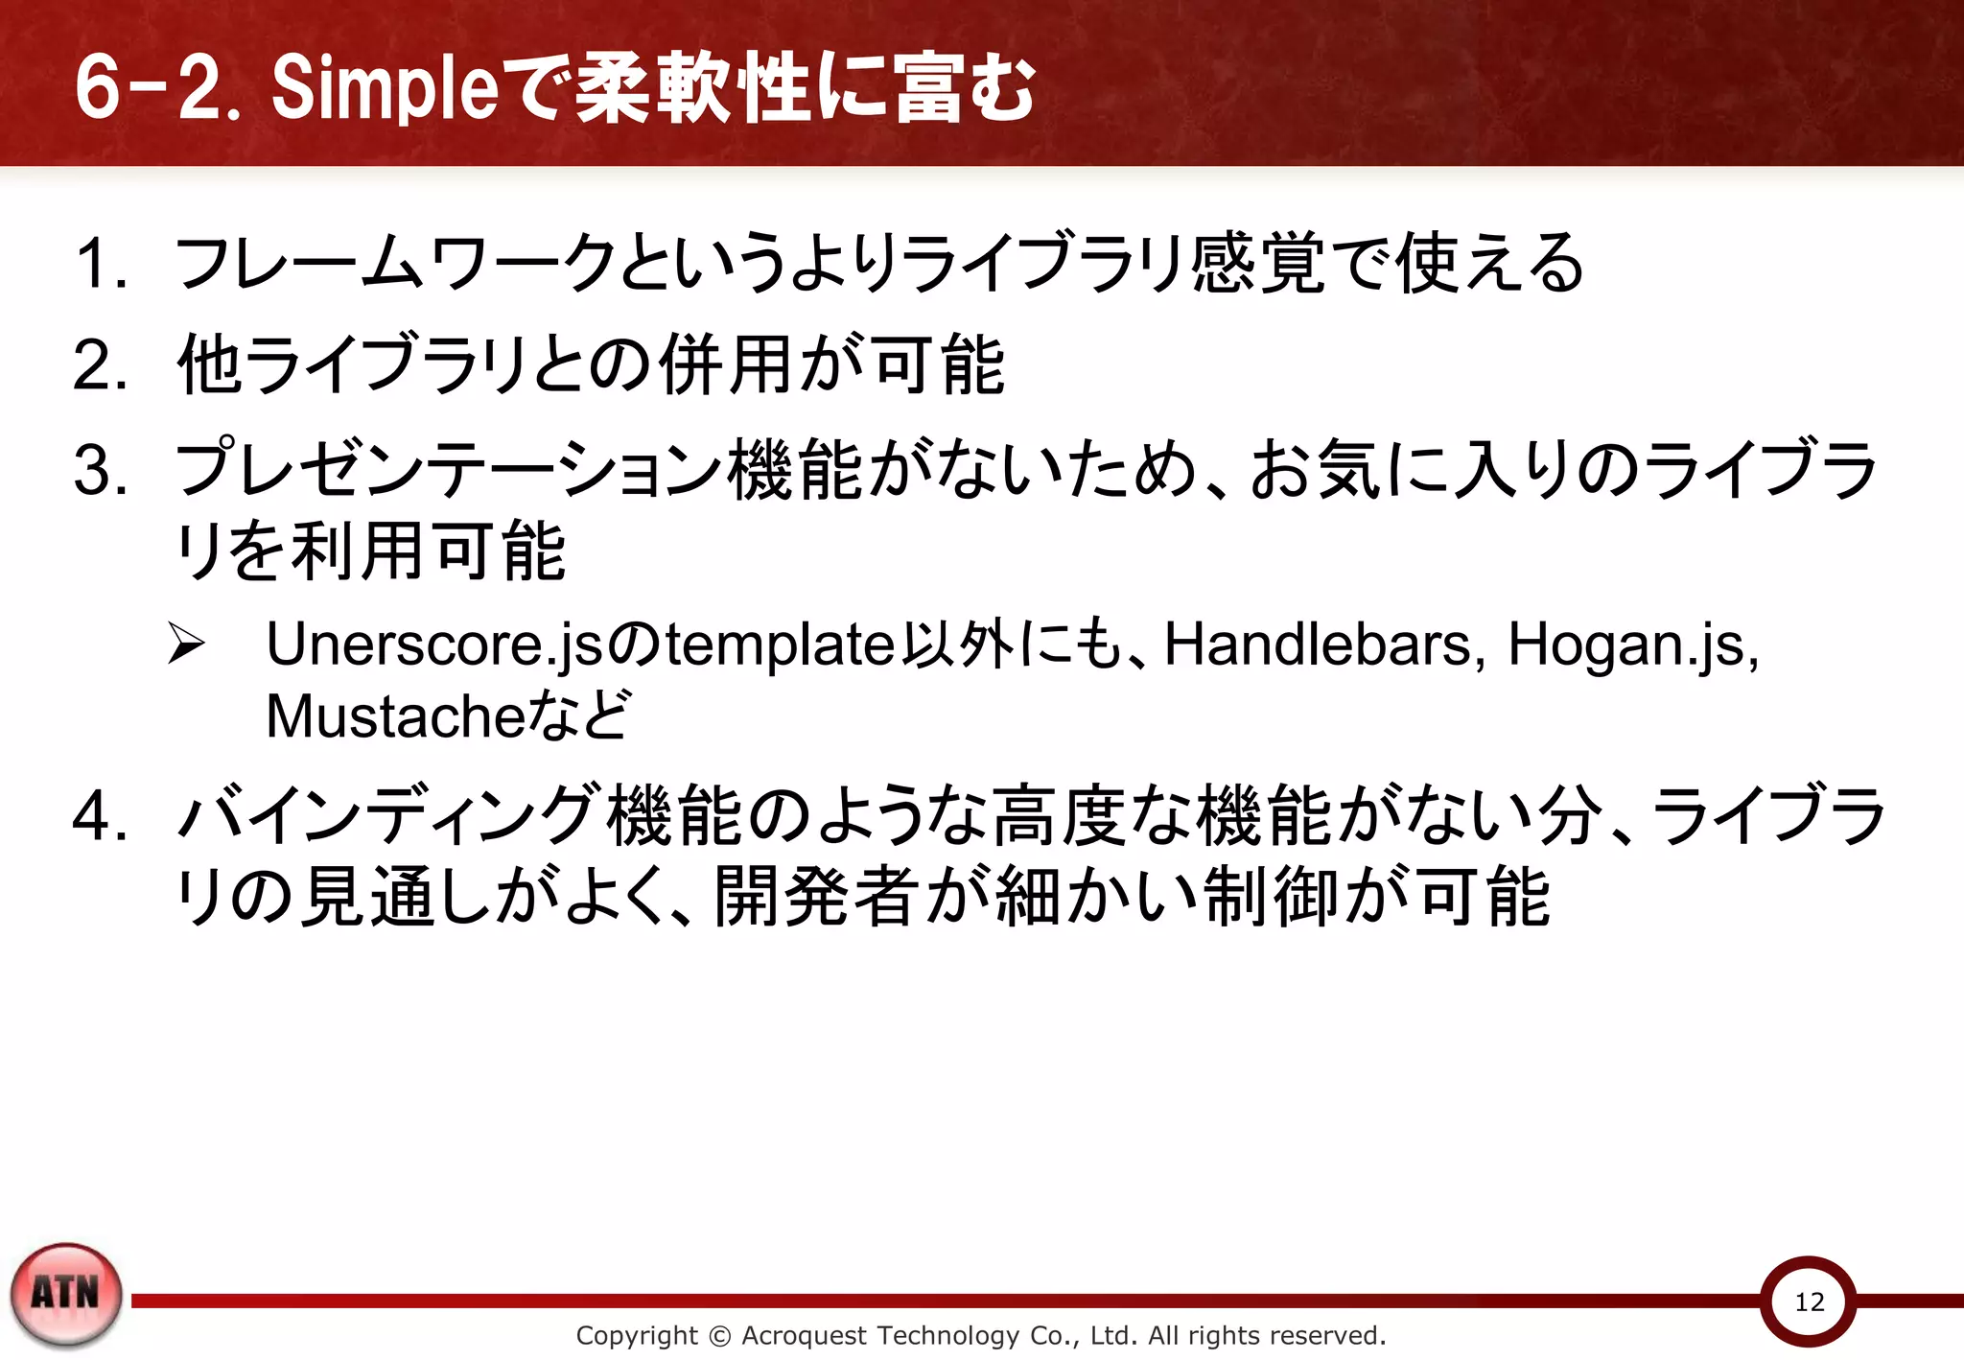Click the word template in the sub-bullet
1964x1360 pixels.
point(781,645)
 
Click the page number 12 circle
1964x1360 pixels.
point(1809,1301)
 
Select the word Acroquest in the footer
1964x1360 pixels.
point(804,1335)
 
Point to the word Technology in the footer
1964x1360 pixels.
point(948,1335)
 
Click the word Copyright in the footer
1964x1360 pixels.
point(637,1335)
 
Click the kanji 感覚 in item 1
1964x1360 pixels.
point(1257,264)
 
